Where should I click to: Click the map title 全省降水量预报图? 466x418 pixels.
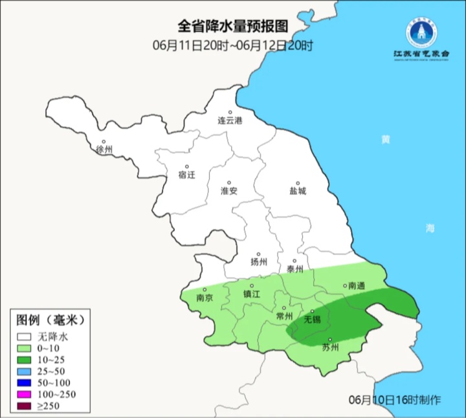click(232, 27)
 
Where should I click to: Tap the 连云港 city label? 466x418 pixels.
click(229, 121)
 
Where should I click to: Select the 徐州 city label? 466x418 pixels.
click(104, 149)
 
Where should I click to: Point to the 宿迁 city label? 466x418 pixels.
click(186, 175)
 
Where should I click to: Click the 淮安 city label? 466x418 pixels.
click(229, 191)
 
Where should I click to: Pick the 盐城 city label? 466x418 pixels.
click(298, 191)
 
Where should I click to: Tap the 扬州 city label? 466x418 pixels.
click(259, 262)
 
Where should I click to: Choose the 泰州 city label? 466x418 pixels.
click(294, 269)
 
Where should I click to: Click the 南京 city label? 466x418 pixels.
click(205, 298)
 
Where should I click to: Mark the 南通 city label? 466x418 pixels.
click(356, 285)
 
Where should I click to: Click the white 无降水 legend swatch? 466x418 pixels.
click(25, 336)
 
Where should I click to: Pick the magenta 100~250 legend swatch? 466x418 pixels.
click(25, 394)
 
